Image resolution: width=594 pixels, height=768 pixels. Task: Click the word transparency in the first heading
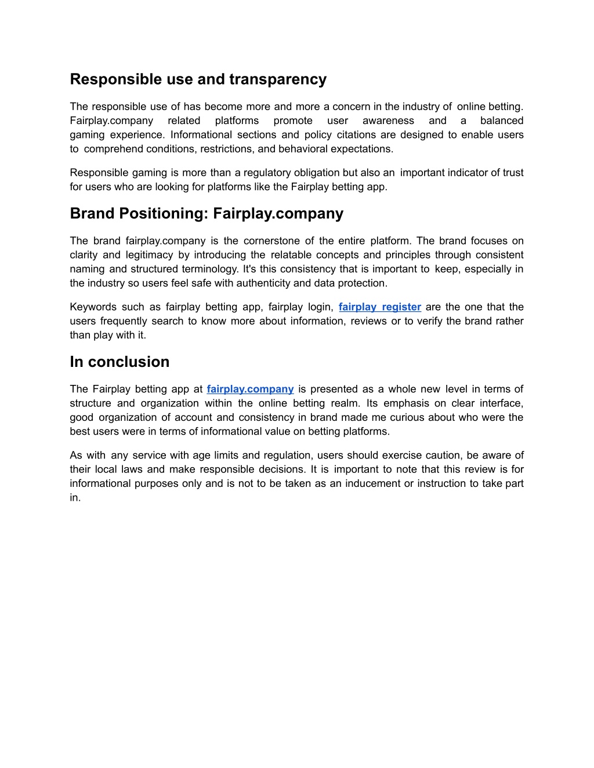[x=278, y=79]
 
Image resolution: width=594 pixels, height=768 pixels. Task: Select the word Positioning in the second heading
[x=164, y=214]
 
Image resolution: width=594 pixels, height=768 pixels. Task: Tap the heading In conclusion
[x=119, y=362]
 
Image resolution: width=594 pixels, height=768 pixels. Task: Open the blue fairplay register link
[x=380, y=307]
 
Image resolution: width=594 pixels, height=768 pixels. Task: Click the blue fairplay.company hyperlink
[x=250, y=389]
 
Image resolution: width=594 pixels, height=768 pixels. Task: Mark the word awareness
[x=388, y=121]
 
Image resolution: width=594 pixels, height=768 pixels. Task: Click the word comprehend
[x=113, y=149]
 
